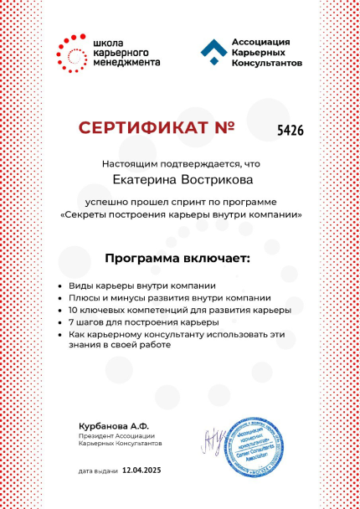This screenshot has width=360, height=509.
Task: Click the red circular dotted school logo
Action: click(69, 52)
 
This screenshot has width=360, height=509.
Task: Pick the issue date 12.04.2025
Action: click(141, 470)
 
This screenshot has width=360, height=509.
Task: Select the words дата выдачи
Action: click(97, 471)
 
